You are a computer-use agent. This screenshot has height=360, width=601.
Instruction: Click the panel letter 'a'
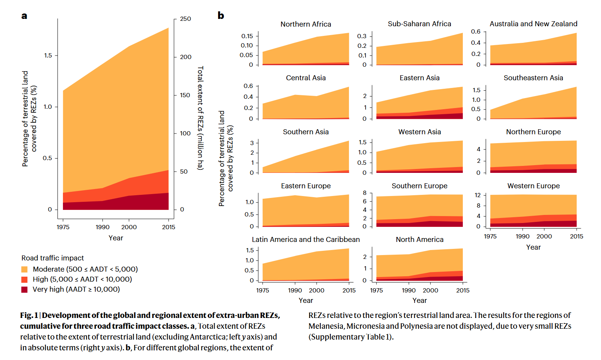click(x=24, y=16)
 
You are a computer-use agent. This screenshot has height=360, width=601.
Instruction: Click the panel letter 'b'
click(x=221, y=15)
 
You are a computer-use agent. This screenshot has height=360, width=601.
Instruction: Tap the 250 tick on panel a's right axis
click(x=185, y=19)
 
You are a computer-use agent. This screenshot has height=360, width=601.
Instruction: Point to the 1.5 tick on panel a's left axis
click(x=48, y=56)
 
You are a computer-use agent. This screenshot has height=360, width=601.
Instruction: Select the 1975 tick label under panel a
click(x=63, y=227)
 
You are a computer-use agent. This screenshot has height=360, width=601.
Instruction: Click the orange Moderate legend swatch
click(x=24, y=269)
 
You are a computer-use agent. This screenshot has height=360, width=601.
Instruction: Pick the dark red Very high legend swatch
click(x=24, y=289)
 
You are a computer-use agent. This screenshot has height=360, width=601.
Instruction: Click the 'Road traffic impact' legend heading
click(x=52, y=258)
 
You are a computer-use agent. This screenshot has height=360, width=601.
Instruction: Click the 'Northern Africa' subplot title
click(x=306, y=24)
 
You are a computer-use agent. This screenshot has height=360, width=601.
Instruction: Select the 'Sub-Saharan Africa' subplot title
click(x=419, y=24)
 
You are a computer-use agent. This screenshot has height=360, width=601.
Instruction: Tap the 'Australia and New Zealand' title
click(x=533, y=24)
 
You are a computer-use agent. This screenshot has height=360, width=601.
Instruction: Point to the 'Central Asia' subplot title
click(x=306, y=78)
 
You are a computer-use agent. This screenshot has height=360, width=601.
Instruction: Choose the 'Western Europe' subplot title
click(x=533, y=186)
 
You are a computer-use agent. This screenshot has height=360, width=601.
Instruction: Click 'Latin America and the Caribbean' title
click(x=306, y=240)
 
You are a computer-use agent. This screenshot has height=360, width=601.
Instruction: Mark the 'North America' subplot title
click(x=420, y=240)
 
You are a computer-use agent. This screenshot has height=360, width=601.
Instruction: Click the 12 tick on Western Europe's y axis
click(x=478, y=195)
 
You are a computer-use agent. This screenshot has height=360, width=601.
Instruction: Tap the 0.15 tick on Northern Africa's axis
click(x=247, y=36)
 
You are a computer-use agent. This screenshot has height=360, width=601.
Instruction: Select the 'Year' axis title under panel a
click(x=116, y=238)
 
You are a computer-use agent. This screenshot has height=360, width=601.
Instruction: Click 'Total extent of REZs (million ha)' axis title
click(x=200, y=118)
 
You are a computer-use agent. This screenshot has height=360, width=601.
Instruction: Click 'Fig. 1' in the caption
click(x=29, y=316)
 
